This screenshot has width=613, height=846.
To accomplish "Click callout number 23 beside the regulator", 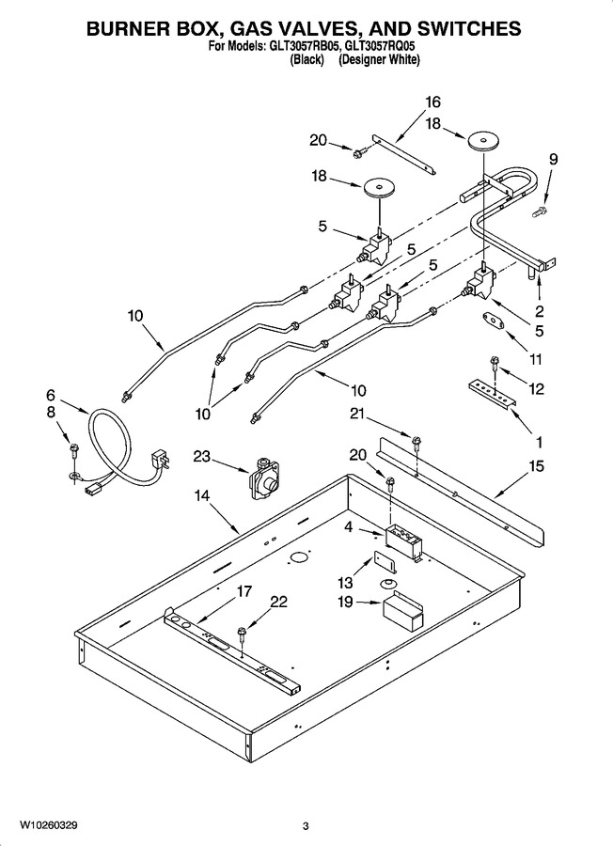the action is click(x=201, y=457).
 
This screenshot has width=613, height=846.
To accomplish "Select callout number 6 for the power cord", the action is click(x=50, y=395).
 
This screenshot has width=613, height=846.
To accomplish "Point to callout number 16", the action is click(x=432, y=102).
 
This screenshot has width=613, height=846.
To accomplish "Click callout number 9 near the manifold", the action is click(x=553, y=159).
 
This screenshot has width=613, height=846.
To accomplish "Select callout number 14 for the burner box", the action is click(x=202, y=495).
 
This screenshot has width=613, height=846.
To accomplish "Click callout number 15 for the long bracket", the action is click(x=536, y=465).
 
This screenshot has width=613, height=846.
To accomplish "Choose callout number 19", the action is click(x=345, y=602).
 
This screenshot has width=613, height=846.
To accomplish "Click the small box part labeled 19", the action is click(x=402, y=611).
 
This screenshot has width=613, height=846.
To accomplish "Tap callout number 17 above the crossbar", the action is click(x=244, y=591).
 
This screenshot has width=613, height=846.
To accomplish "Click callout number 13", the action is click(x=345, y=583).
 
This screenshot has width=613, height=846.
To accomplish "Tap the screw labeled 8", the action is click(x=73, y=448).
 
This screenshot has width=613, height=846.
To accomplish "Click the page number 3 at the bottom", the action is click(x=306, y=826).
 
